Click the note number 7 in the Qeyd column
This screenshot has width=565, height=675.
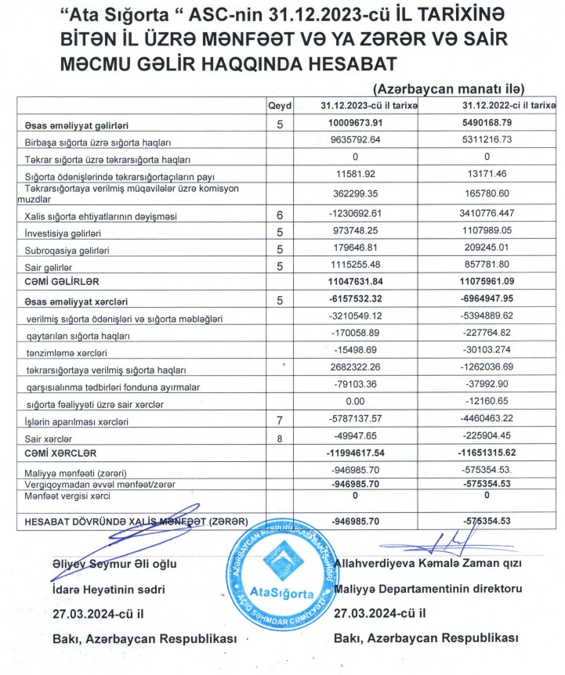[279, 421]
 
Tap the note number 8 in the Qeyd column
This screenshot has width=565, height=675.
[279, 439]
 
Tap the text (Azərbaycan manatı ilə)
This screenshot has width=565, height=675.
[448, 88]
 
